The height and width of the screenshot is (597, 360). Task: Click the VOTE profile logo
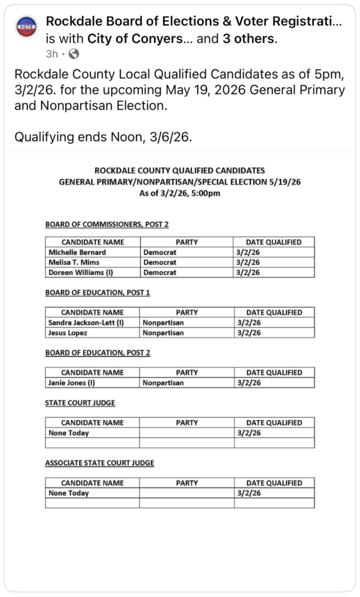click(x=27, y=26)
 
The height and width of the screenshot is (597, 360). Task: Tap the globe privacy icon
click(x=74, y=55)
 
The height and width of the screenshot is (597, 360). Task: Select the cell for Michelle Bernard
click(x=77, y=252)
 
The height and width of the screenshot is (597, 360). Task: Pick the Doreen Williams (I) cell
click(x=81, y=272)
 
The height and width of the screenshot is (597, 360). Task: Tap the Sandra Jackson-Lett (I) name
click(x=86, y=322)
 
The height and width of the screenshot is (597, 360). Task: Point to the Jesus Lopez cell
click(x=68, y=333)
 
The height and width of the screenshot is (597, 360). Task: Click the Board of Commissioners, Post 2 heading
click(x=107, y=225)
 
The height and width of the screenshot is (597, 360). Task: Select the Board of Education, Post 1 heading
click(x=97, y=293)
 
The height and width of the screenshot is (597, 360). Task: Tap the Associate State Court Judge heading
click(x=100, y=463)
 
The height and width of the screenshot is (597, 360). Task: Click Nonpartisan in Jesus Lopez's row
click(x=163, y=333)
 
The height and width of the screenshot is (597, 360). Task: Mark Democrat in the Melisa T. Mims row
click(x=160, y=262)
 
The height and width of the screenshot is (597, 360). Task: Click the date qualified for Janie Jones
click(x=248, y=383)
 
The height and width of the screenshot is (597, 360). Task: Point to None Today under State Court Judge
click(x=69, y=433)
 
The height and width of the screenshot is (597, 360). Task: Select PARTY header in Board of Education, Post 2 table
click(x=187, y=372)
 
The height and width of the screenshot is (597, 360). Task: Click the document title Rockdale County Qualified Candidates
click(x=179, y=170)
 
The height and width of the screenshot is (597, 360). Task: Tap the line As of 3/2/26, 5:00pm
click(x=179, y=193)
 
